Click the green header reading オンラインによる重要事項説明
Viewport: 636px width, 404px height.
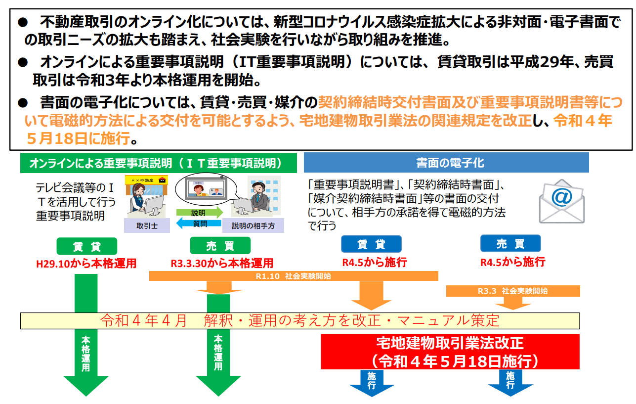(x=158, y=163)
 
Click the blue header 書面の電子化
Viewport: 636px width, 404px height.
(x=446, y=163)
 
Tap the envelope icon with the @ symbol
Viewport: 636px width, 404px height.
(x=561, y=201)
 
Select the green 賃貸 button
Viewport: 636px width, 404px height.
(x=86, y=246)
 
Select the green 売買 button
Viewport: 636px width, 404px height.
(x=220, y=246)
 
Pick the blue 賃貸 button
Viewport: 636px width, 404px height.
(x=371, y=244)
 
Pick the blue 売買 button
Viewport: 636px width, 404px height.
(x=510, y=243)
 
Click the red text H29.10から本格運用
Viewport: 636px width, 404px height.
(x=86, y=263)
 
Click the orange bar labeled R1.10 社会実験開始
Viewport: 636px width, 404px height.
(x=294, y=276)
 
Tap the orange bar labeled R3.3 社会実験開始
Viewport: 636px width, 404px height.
(x=512, y=291)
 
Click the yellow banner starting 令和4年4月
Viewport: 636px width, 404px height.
(x=299, y=320)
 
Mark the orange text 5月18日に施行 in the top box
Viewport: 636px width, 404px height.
(x=79, y=139)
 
